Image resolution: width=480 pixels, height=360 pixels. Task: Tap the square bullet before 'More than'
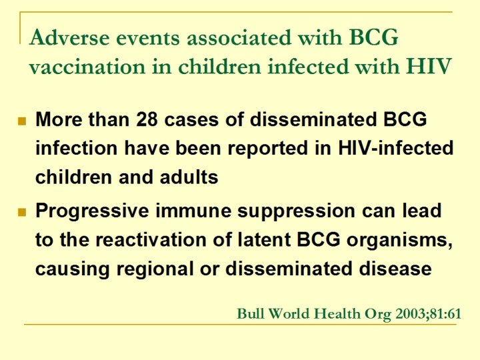21,121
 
